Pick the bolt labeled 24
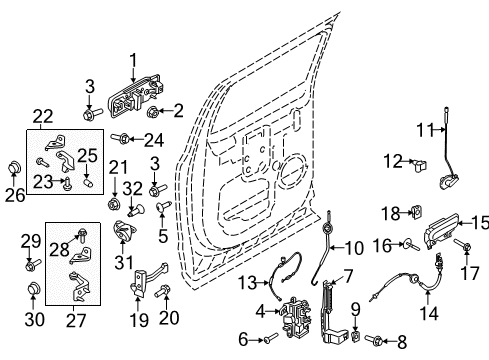point(122,137)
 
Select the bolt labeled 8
point(376,341)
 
